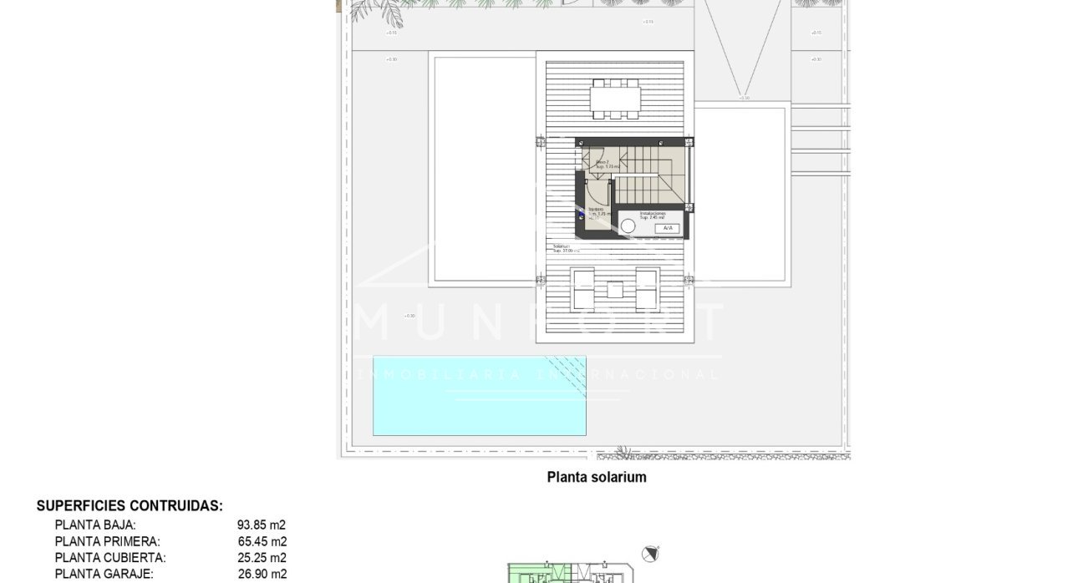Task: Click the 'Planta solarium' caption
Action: pyautogui.click(x=596, y=478)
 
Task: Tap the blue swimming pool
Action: pyautogui.click(x=479, y=396)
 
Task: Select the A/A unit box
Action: pyautogui.click(x=667, y=228)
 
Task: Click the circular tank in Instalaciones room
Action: pyautogui.click(x=628, y=226)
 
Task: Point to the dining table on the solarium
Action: pyautogui.click(x=614, y=99)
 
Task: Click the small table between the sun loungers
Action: pyautogui.click(x=615, y=291)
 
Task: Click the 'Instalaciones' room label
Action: pyautogui.click(x=653, y=214)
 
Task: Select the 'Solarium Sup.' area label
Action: pyautogui.click(x=566, y=248)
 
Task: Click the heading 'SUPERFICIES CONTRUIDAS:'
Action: pyautogui.click(x=130, y=506)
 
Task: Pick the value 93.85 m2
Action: pyautogui.click(x=262, y=525)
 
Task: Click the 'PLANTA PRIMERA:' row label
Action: pyautogui.click(x=107, y=541)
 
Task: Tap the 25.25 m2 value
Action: pyautogui.click(x=262, y=558)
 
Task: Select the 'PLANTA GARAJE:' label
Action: pyautogui.click(x=104, y=574)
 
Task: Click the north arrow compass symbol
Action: pyautogui.click(x=650, y=554)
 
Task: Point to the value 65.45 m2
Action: pyautogui.click(x=262, y=541)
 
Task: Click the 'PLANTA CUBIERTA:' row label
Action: pyautogui.click(x=109, y=558)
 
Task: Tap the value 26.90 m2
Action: pyautogui.click(x=262, y=574)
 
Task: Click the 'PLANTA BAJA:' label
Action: pyautogui.click(x=95, y=525)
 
